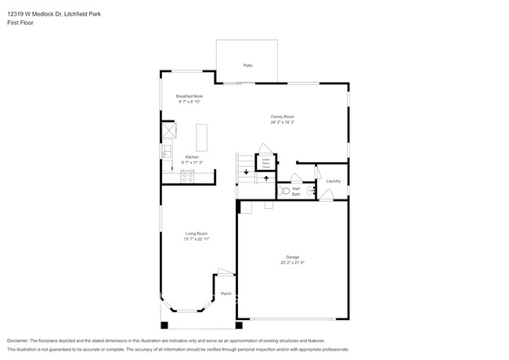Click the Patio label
pyautogui.click(x=247, y=65)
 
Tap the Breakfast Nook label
pyautogui.click(x=190, y=96)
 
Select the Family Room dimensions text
pyautogui.click(x=282, y=122)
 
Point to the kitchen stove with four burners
pyautogui.click(x=187, y=176)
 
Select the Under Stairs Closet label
pyautogui.click(x=265, y=163)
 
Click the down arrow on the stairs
pyautogui.click(x=246, y=171)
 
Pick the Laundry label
pyautogui.click(x=333, y=181)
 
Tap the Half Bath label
pyautogui.click(x=296, y=192)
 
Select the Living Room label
pyautogui.click(x=196, y=233)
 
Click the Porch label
pyautogui.click(x=226, y=293)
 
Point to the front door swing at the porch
pyautogui.click(x=225, y=273)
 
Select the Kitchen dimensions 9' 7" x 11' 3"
pyautogui.click(x=192, y=162)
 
